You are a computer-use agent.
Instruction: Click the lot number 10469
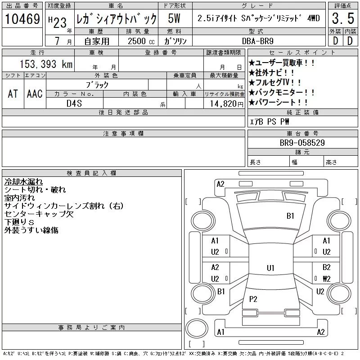22,19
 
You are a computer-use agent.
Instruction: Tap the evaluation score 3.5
343,18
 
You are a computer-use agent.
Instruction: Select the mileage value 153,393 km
46,64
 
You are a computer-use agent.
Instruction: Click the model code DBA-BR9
257,41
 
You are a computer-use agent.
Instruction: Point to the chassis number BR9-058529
302,143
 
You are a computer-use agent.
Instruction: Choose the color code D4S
74,103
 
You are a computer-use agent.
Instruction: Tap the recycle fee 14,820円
226,104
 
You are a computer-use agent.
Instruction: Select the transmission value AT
13,94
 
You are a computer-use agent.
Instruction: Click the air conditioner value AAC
35,94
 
